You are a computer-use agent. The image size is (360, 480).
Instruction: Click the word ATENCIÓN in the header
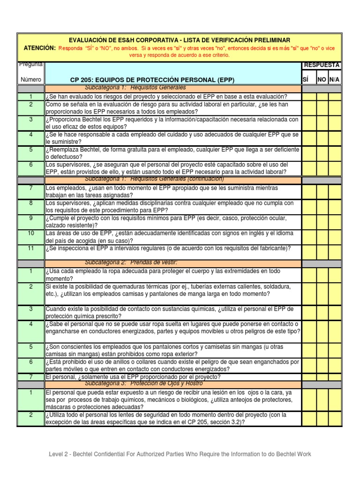pos(40,48)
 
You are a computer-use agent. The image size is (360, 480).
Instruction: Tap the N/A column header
pos(335,80)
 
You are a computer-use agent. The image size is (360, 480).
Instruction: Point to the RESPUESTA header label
pos(322,65)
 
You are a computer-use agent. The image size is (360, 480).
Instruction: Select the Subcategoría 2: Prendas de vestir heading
pos(131,262)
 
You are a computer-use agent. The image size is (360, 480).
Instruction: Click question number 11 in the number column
pos(30,248)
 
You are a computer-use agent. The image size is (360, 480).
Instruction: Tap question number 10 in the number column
pos(30,233)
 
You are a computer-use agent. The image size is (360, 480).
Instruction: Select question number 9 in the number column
pos(30,218)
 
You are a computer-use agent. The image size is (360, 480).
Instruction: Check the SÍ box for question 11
pos(309,248)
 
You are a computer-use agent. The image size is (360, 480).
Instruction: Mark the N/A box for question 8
pos(335,206)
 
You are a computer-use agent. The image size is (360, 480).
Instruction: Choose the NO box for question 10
pos(322,236)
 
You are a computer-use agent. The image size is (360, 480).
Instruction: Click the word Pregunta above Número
pos(30,64)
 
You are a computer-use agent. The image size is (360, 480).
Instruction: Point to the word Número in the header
pos(30,80)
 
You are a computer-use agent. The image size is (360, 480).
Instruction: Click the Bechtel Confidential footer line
pos(180,454)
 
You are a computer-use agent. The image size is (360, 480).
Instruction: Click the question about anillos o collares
pos(172,365)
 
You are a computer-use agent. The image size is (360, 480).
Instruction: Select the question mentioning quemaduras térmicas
pos(168,290)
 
